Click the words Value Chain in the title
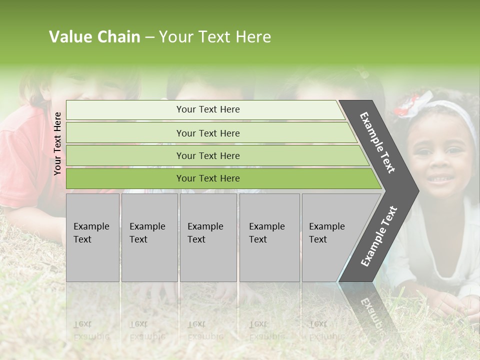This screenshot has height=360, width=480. (x=94, y=37)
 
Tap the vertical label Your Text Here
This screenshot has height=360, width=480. (x=57, y=143)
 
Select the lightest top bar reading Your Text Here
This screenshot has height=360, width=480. (x=207, y=109)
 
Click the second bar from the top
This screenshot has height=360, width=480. (x=207, y=133)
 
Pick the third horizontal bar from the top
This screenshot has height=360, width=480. (x=207, y=155)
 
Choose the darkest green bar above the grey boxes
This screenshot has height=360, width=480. (x=207, y=178)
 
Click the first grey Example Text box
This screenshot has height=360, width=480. (x=92, y=237)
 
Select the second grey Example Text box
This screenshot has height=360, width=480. (x=149, y=237)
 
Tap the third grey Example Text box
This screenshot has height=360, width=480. (x=208, y=237)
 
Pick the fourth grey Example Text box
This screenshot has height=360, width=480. (x=269, y=237)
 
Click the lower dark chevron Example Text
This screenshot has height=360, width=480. (x=378, y=236)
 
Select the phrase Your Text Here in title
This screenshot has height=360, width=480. (x=215, y=37)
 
